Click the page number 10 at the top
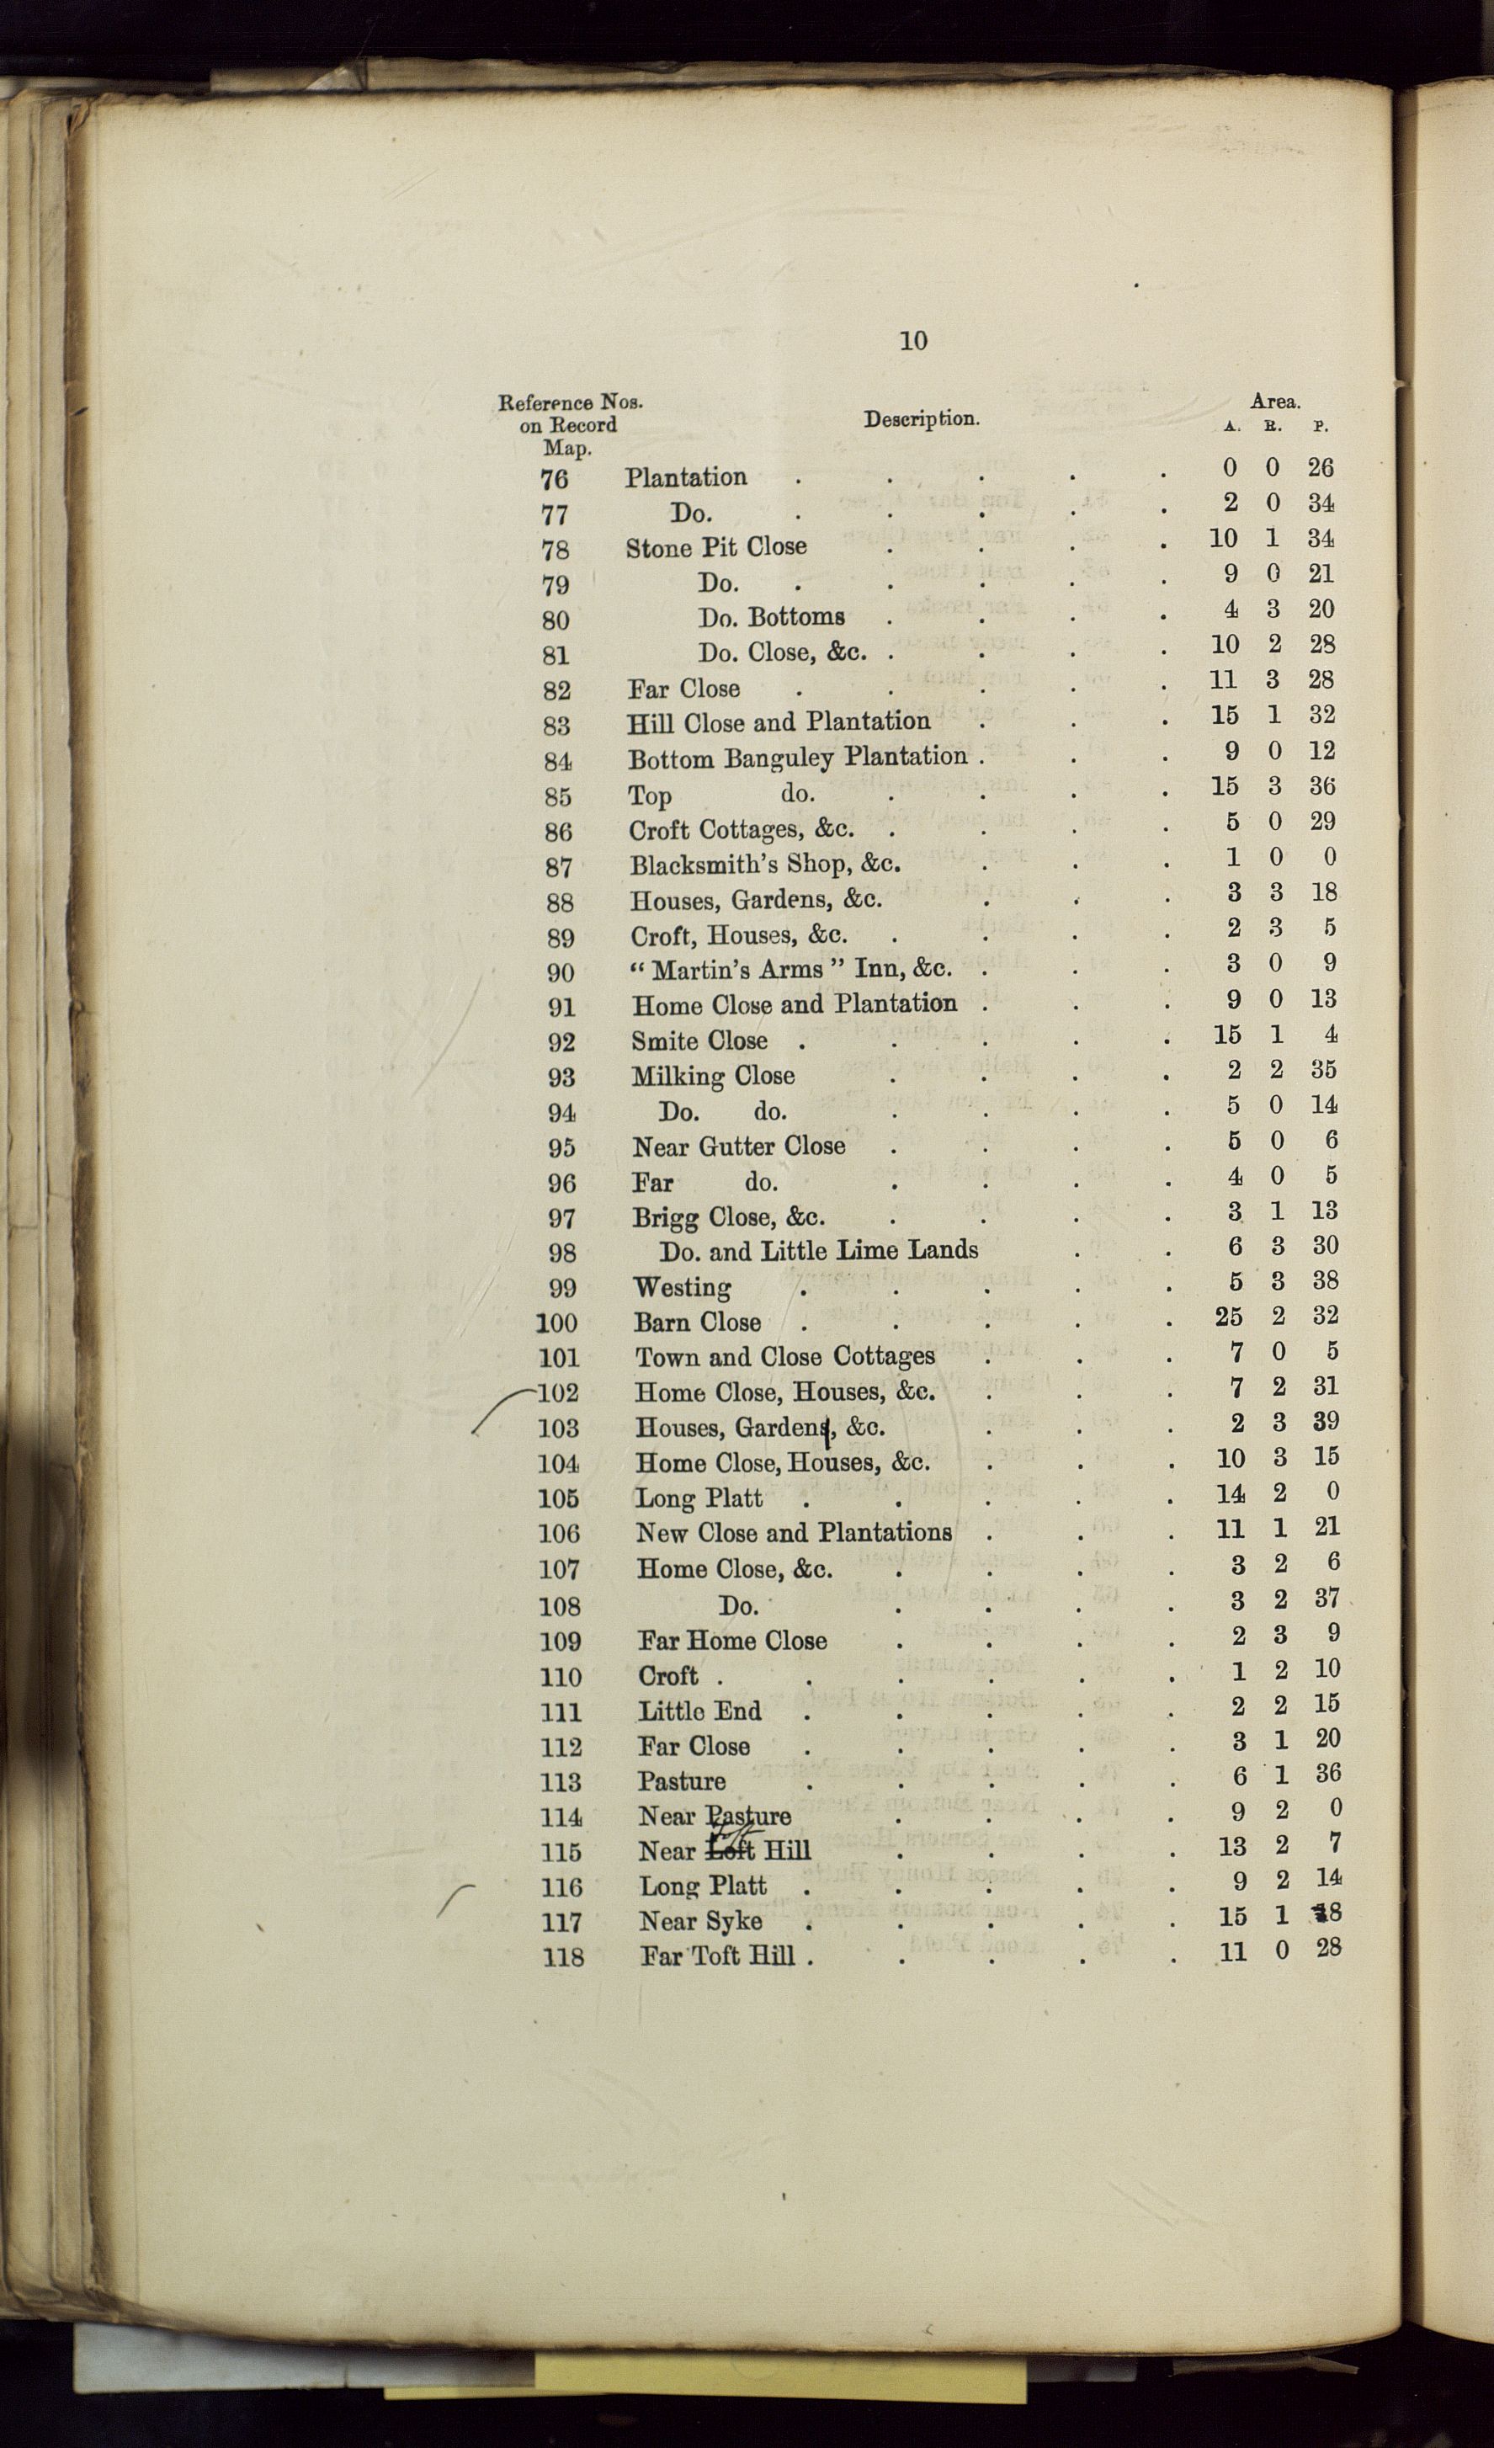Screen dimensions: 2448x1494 (913, 341)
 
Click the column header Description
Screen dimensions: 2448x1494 (921, 419)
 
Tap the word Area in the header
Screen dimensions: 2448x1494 (1274, 402)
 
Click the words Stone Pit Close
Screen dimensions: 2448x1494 (716, 546)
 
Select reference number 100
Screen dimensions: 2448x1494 (557, 1323)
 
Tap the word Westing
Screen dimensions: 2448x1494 (683, 1288)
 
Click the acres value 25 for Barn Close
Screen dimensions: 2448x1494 (1229, 1317)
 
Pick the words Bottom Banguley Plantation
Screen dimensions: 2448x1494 (798, 758)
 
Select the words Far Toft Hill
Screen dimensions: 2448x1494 (718, 1956)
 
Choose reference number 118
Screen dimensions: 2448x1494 (562, 1957)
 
